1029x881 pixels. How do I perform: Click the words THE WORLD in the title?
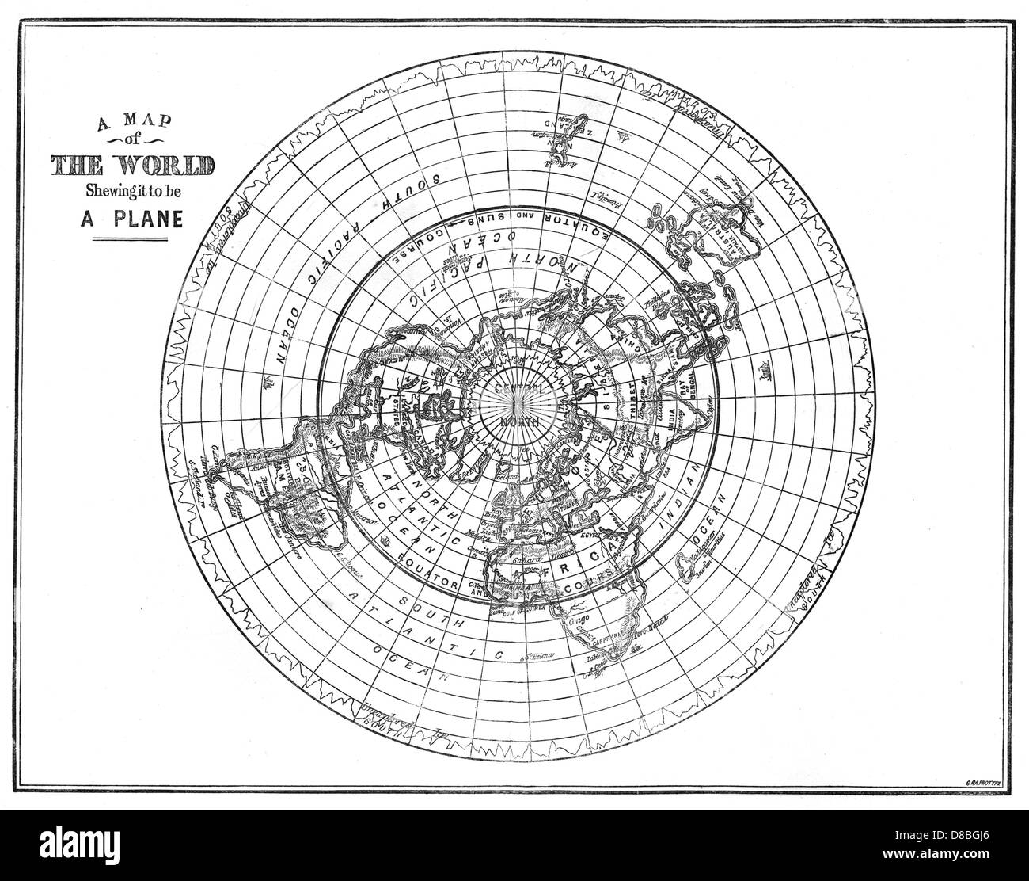[131, 166]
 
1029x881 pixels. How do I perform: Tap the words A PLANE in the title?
[131, 218]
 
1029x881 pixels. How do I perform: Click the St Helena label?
[537, 657]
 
